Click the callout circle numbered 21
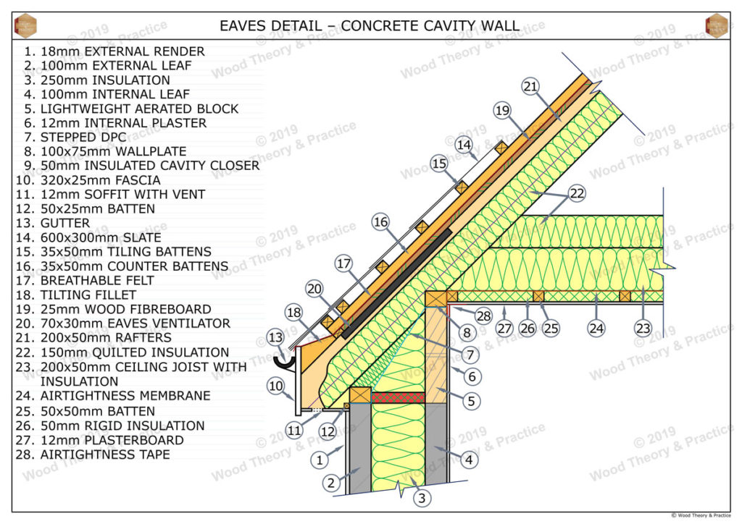coord(530,87)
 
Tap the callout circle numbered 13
coord(275,337)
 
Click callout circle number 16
coord(381,222)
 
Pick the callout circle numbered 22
coord(577,193)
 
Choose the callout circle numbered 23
coord(643,328)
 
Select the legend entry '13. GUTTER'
coord(57,223)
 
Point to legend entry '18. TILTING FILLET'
coord(79,295)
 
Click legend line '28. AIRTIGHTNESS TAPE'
coord(92,455)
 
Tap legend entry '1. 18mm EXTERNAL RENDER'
coord(113,51)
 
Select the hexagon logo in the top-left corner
coord(25,25)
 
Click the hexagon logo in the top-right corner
coord(716,25)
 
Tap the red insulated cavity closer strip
coord(398,397)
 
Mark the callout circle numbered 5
coord(472,400)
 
